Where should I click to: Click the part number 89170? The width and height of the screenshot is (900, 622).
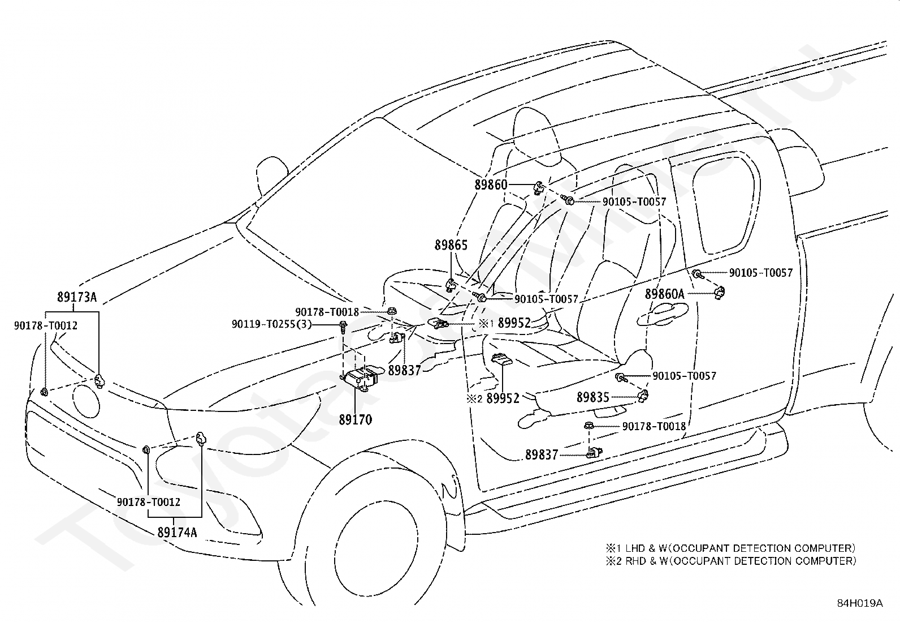[356, 419]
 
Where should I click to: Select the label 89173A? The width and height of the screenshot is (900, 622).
[77, 297]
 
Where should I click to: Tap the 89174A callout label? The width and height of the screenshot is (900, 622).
[177, 532]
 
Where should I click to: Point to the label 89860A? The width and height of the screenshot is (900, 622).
[665, 294]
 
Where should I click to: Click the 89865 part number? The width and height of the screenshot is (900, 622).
[451, 245]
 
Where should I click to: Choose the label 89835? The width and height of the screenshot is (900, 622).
[593, 397]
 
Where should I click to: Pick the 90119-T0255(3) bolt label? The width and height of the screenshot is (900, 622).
[271, 324]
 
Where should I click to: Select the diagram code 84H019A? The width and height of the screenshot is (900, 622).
[860, 603]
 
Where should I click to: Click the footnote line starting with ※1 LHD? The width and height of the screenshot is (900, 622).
[731, 548]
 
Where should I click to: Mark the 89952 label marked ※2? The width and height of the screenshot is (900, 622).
[493, 398]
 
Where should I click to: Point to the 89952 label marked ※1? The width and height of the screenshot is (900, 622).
[505, 323]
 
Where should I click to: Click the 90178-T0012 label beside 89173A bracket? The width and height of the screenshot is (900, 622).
[46, 325]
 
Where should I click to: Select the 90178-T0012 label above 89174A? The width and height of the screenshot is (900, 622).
[149, 502]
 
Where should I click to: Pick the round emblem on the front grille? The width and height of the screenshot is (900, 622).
[86, 401]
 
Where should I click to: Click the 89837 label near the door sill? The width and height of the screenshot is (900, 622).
[542, 455]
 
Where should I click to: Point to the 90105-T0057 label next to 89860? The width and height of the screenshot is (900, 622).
[634, 201]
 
